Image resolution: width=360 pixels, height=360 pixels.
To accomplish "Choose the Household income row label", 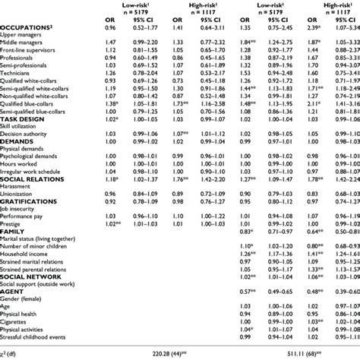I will [26, 276].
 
